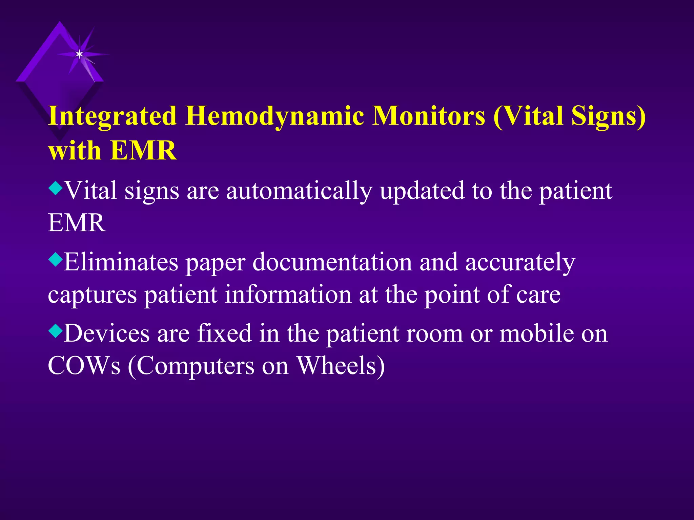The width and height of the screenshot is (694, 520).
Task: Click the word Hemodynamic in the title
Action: [x=275, y=116]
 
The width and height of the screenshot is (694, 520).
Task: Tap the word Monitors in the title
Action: [x=428, y=116]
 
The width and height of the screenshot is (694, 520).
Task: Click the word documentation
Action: [x=332, y=262]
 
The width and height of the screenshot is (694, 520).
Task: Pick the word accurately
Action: [x=520, y=263]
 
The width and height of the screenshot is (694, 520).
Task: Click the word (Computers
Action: [x=191, y=366]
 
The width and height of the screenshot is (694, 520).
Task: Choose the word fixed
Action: [x=224, y=333]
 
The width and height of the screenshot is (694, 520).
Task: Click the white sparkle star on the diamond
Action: [x=79, y=54]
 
